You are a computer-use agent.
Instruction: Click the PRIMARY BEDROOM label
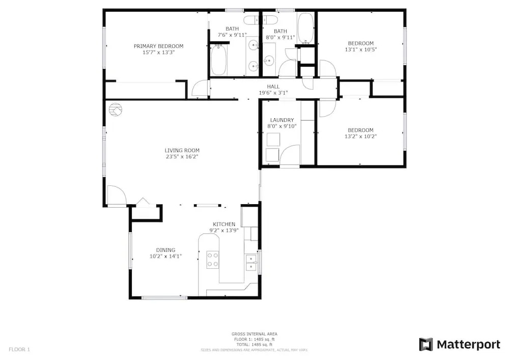[158, 46]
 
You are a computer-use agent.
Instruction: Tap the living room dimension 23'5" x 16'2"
[182, 156]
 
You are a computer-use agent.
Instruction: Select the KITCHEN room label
[224, 224]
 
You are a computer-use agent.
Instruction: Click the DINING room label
[165, 250]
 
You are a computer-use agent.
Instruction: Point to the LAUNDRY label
[282, 120]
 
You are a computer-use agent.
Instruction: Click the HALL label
[273, 87]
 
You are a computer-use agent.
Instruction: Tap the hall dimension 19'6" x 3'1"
[273, 93]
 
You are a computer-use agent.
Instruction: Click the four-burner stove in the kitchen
[213, 260]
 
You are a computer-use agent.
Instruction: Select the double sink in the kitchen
[251, 263]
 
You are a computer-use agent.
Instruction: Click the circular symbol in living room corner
[115, 109]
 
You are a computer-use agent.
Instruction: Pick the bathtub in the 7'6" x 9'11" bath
[218, 60]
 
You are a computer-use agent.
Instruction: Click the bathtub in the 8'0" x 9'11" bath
[305, 29]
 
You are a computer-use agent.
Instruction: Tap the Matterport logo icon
[426, 344]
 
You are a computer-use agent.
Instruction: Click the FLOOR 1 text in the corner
[19, 349]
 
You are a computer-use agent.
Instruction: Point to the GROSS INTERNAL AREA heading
[254, 334]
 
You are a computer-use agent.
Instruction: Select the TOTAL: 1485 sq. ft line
[254, 344]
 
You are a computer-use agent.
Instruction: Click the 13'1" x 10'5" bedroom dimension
[361, 50]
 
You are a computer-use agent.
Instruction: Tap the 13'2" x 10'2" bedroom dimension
[360, 136]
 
